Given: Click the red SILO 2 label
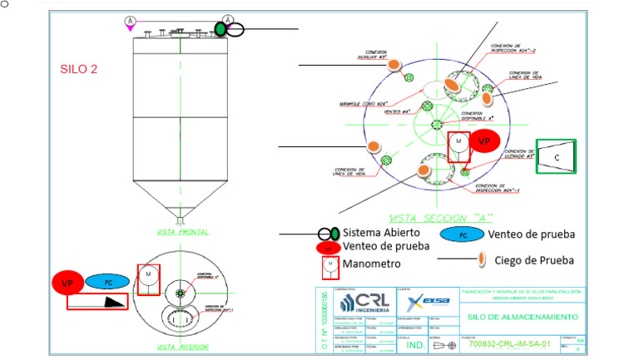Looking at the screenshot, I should coord(79,69).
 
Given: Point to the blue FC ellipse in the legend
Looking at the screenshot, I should coord(462,235).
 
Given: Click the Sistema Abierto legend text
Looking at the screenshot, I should coord(381,233).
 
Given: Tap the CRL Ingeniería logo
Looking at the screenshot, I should coord(359,301).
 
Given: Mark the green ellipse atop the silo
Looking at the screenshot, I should coord(220,29).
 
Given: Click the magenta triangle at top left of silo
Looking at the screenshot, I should coord(130,29).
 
